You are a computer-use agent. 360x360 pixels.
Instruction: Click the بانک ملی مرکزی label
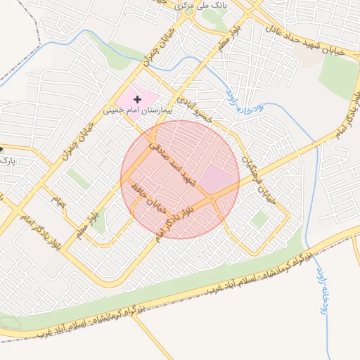(x=186, y=5)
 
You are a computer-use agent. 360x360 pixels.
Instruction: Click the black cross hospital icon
(x=137, y=100)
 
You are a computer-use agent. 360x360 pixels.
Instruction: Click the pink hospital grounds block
(x=137, y=98)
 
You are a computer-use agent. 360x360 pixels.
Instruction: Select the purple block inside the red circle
(x=220, y=179)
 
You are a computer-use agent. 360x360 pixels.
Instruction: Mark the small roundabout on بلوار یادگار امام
(x=212, y=200)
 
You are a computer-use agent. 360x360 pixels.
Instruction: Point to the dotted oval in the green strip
(x=9, y=323)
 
